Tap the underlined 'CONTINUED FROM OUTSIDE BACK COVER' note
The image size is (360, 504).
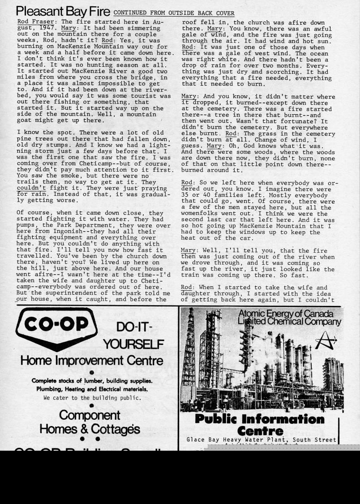(174, 13)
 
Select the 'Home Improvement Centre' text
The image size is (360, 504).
(91, 360)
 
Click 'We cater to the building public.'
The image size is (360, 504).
(92, 397)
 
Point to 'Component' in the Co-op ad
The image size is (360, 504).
(90, 415)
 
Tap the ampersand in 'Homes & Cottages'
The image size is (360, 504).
(83, 429)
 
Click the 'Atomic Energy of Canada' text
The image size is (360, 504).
(286, 313)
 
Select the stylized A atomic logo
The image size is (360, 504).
(326, 342)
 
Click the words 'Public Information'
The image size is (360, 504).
(259, 419)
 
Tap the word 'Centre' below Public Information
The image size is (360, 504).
(260, 431)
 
